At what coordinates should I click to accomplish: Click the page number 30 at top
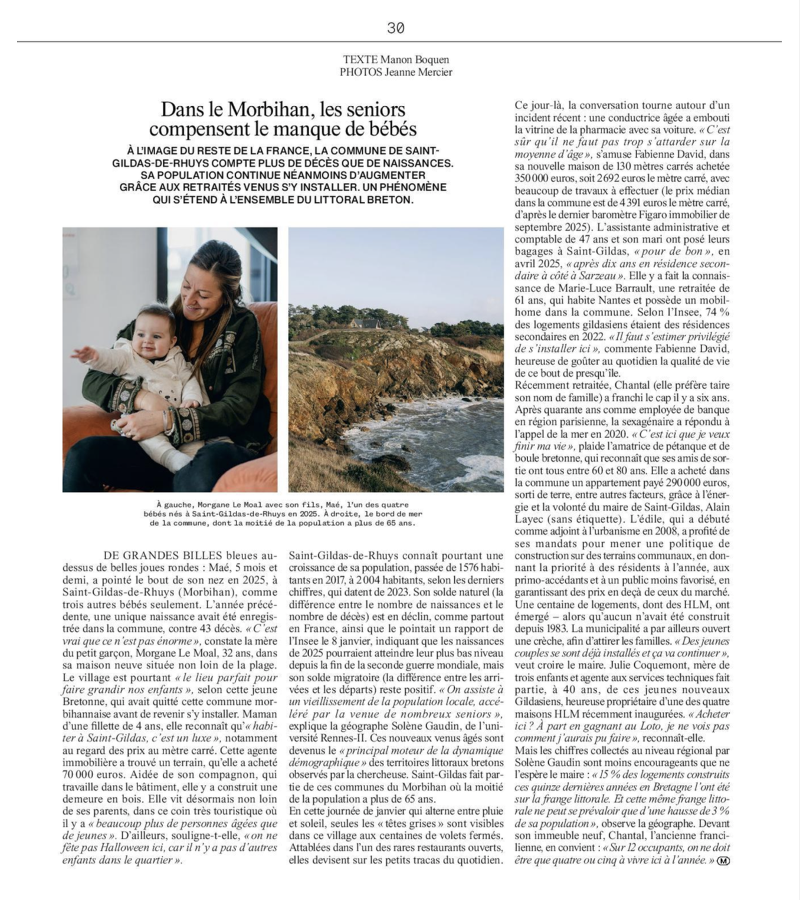tap(395, 28)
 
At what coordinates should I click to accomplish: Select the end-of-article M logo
tap(723, 860)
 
